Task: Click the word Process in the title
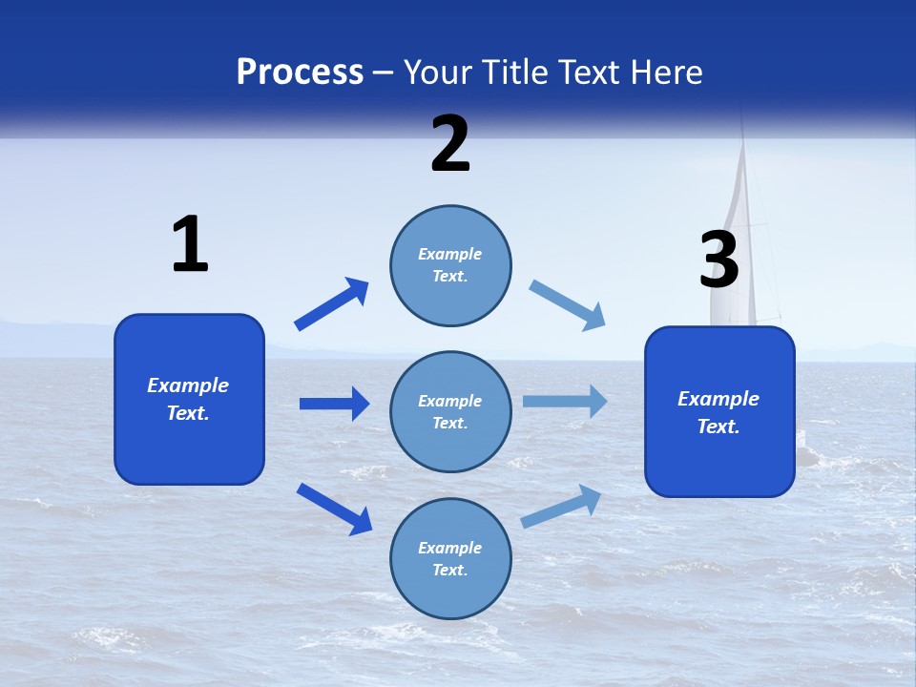pyautogui.click(x=300, y=73)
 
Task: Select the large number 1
pyautogui.click(x=190, y=245)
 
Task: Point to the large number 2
pyautogui.click(x=450, y=144)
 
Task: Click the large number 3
pyautogui.click(x=718, y=260)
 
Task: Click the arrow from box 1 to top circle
pyautogui.click(x=332, y=304)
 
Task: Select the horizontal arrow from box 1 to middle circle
pyautogui.click(x=334, y=404)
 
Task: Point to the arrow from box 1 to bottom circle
pyautogui.click(x=334, y=509)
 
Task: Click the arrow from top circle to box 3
pyautogui.click(x=568, y=305)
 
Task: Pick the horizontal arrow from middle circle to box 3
pyautogui.click(x=565, y=402)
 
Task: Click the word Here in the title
pyautogui.click(x=666, y=73)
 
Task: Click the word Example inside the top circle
pyautogui.click(x=450, y=255)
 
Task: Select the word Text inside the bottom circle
pyautogui.click(x=448, y=570)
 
